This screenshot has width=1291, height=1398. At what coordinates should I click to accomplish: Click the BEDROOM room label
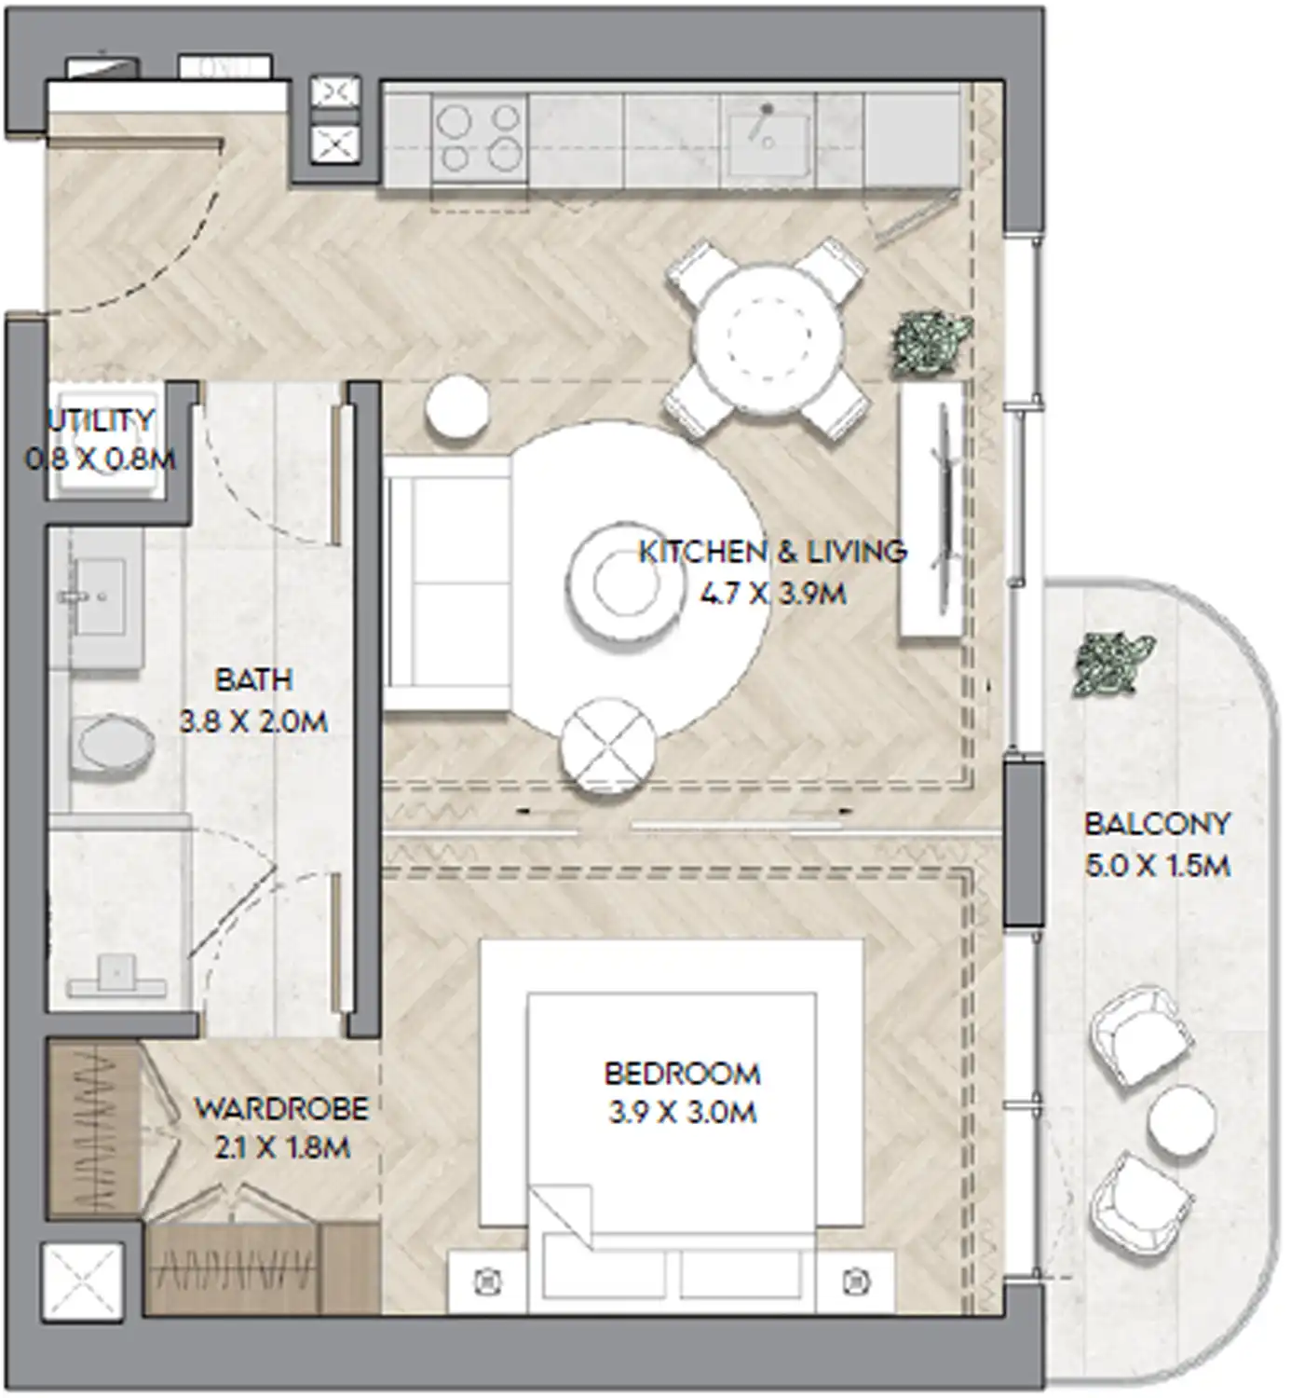coord(682,1073)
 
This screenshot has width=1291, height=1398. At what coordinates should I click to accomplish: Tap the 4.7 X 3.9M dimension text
coord(772,593)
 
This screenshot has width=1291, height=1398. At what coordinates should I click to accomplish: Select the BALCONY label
coord(1157,823)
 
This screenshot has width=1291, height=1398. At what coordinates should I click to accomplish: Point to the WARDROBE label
coord(281,1108)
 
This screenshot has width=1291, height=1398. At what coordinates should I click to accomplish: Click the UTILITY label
coord(101,420)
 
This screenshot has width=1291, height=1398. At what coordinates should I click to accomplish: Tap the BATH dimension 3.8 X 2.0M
coord(252,720)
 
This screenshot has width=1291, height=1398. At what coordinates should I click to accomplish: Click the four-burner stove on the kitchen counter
coord(479,137)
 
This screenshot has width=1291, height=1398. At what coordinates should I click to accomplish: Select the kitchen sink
coord(767,140)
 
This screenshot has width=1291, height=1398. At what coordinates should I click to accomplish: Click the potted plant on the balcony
coord(1114,665)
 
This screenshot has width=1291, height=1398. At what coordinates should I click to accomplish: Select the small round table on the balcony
coord(1181,1125)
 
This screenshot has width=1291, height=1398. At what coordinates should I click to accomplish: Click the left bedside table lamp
coord(486,1282)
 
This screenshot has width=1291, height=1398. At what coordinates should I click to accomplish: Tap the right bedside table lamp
coord(854,1282)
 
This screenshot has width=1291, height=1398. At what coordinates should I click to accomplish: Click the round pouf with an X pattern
coord(608,747)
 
